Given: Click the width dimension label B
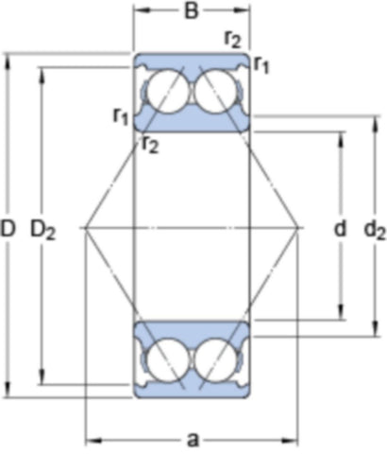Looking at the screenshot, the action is click(192, 10).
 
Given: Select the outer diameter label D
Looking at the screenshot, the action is click(8, 228).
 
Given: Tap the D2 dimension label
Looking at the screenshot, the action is click(42, 230).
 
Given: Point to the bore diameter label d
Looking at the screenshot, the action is click(340, 228).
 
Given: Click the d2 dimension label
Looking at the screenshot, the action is click(375, 230).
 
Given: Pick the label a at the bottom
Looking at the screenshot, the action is click(193, 439).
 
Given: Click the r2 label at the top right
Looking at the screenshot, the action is click(233, 40).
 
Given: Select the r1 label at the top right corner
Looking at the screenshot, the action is click(261, 64).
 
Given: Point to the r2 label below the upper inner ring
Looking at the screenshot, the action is click(150, 145).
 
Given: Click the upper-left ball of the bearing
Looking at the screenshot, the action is click(168, 91).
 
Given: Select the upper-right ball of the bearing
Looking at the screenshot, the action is click(215, 91).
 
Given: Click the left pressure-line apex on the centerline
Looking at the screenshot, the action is click(86, 228).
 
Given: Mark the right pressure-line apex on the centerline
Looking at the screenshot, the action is click(297, 228).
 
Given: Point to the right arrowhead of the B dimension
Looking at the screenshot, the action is click(242, 10).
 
